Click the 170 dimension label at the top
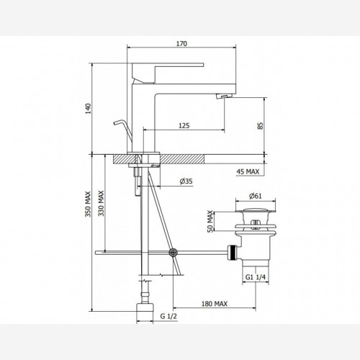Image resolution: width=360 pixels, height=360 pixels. [x=181, y=44]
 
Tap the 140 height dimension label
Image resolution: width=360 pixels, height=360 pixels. [x=89, y=109]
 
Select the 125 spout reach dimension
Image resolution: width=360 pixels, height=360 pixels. [x=184, y=125]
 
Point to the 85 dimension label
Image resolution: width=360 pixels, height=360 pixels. [x=261, y=126]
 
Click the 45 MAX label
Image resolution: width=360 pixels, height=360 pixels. [x=248, y=171]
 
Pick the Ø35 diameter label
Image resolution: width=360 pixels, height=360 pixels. [x=186, y=181]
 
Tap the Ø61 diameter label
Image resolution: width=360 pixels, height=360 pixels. [x=256, y=196]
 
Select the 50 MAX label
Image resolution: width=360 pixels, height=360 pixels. [x=210, y=221]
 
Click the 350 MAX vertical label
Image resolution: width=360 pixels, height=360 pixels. [x=88, y=204]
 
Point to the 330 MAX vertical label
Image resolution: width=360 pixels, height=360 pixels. [x=101, y=204]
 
